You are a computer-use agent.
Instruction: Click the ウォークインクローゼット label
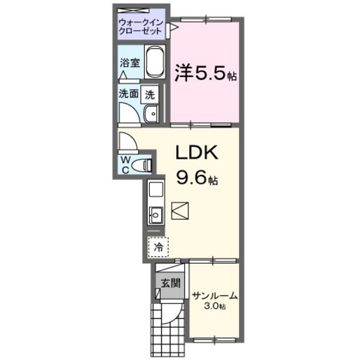142,28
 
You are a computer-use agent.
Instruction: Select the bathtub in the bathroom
154,64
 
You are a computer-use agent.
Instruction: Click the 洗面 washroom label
128,93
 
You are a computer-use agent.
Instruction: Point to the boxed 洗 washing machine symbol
150,94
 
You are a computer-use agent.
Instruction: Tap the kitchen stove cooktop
156,190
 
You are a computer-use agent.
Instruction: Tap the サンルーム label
215,296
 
